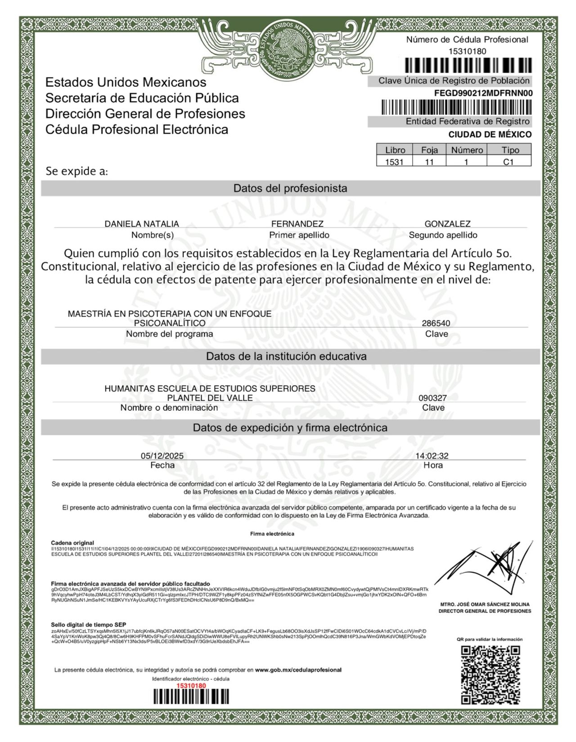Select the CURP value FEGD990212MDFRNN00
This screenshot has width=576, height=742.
pyautogui.click(x=483, y=93)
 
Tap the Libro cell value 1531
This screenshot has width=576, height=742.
pyautogui.click(x=394, y=162)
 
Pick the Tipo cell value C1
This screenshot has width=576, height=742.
pyautogui.click(x=508, y=162)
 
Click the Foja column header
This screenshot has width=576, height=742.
pyautogui.click(x=429, y=150)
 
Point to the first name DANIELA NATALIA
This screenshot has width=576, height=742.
pyautogui.click(x=142, y=224)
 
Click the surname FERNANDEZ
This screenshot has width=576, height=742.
pyautogui.click(x=297, y=224)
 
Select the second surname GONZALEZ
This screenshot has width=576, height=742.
pyautogui.click(x=447, y=224)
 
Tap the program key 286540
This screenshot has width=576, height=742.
pyautogui.click(x=436, y=323)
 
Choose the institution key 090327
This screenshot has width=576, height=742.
pyautogui.click(x=432, y=398)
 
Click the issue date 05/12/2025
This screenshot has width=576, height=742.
pyautogui.click(x=162, y=455)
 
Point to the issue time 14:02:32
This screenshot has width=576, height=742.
pyautogui.click(x=432, y=455)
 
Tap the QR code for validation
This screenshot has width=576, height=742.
pyautogui.click(x=490, y=675)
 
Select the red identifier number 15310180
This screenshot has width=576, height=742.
pyautogui.click(x=191, y=685)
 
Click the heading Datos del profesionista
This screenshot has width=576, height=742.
pyautogui.click(x=290, y=188)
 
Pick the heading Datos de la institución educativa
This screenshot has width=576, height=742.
pyautogui.click(x=286, y=356)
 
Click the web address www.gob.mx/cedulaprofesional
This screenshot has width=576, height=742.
pyautogui.click(x=298, y=670)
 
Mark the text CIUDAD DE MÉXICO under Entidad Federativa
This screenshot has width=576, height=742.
pyautogui.click(x=490, y=135)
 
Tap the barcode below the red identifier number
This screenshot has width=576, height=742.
pyautogui.click(x=191, y=697)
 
